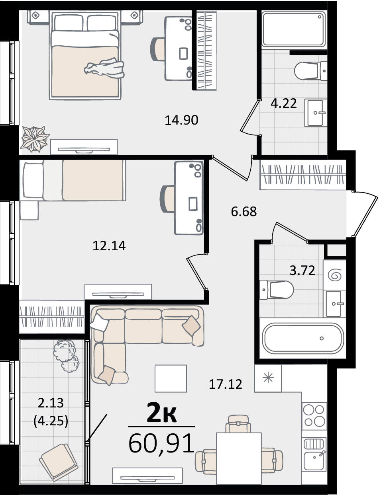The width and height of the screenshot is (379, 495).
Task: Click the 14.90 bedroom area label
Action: (181, 120)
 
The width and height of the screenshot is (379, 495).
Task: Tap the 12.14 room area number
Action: (109, 246)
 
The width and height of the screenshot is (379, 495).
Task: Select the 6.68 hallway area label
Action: (244, 212)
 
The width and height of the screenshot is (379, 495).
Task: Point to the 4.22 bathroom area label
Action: (284, 103)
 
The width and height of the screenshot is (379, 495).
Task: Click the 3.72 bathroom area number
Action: (302, 271)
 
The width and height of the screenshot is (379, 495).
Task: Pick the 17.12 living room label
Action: (226, 384)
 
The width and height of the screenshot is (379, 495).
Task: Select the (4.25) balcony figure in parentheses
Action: (51, 421)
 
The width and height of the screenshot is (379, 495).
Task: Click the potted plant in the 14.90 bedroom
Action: (35, 139)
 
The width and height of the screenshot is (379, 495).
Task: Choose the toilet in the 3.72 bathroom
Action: (277, 290)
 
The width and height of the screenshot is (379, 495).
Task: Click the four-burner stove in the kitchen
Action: (314, 416)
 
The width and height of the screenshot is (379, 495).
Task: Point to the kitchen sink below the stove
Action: (314, 454)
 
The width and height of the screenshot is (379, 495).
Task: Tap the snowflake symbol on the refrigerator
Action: (268, 378)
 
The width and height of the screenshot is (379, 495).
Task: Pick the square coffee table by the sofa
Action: (171, 379)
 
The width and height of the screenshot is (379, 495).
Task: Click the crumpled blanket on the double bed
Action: (104, 68)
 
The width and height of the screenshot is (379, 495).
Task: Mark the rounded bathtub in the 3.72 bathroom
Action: (302, 338)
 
